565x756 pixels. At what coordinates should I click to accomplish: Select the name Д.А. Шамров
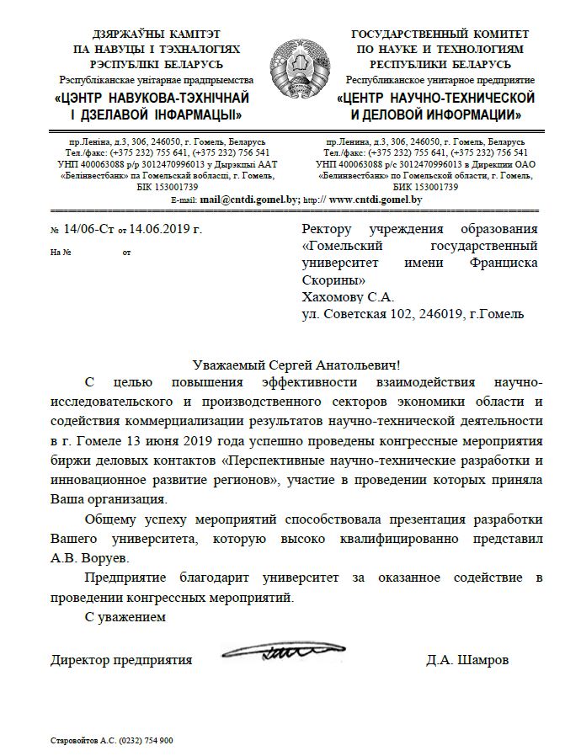(x=467, y=661)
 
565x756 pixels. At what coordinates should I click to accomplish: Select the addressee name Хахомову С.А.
(x=348, y=297)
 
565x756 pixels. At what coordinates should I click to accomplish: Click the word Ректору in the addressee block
(x=329, y=228)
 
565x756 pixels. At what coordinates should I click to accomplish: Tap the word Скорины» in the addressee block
(x=333, y=280)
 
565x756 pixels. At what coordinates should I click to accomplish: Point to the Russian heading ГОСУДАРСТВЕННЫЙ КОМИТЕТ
(x=440, y=34)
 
